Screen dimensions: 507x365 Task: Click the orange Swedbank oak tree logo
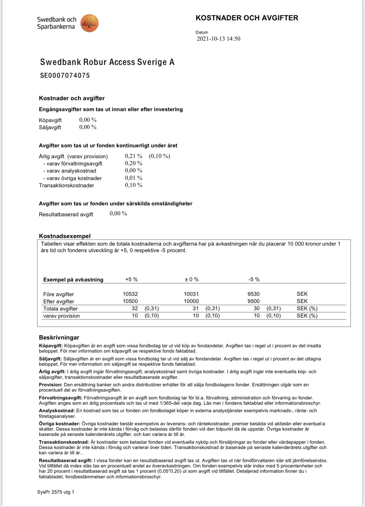tap(90, 23)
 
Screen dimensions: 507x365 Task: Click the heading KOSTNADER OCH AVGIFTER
tap(247, 18)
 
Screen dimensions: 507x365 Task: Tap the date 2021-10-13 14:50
tap(218, 39)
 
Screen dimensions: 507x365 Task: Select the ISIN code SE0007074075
tap(65, 76)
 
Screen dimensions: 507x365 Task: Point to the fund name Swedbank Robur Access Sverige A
tap(107, 62)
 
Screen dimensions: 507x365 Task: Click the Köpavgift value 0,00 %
tap(88, 120)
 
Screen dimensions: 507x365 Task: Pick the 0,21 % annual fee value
tap(134, 156)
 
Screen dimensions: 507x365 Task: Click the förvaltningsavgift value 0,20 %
tap(134, 163)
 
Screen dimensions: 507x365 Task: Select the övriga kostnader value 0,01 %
tap(134, 178)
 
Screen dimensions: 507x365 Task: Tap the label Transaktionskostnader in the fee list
tap(66, 185)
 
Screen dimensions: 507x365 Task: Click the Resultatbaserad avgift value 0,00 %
tap(118, 214)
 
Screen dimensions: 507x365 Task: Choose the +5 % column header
tap(131, 280)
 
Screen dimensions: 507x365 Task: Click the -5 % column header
tap(254, 280)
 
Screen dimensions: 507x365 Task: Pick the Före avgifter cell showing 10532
tap(130, 294)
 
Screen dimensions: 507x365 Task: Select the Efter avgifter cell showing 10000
tap(191, 301)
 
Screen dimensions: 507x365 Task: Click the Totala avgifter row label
tap(61, 309)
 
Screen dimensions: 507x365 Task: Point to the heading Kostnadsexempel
tap(65, 236)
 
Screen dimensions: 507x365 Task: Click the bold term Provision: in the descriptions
tap(51, 385)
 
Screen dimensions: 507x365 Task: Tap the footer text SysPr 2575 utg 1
tap(56, 492)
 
